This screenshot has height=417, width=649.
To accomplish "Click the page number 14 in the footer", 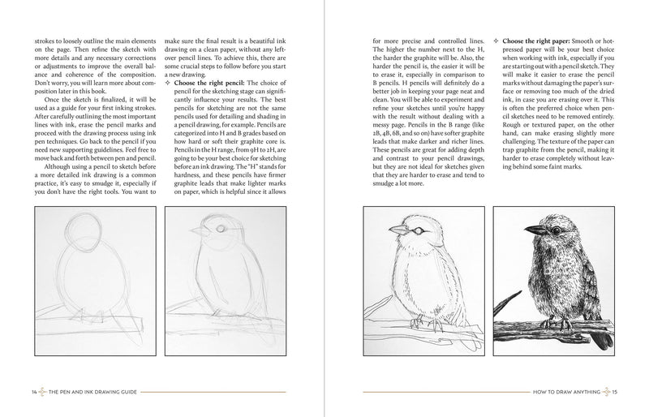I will click(32, 393).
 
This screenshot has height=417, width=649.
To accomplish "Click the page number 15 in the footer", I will click(617, 393).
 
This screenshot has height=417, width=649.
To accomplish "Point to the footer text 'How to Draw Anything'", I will click(565, 393).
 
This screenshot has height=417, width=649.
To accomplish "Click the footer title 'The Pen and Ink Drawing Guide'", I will click(88, 393).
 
